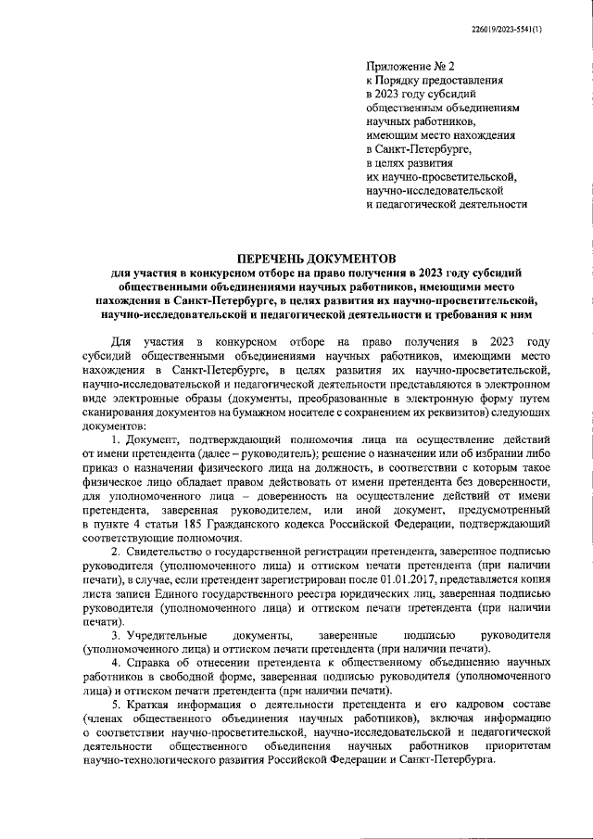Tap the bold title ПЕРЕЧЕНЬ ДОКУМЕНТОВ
(x=316, y=257)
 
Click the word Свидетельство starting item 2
(x=167, y=553)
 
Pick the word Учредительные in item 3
(x=167, y=634)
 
